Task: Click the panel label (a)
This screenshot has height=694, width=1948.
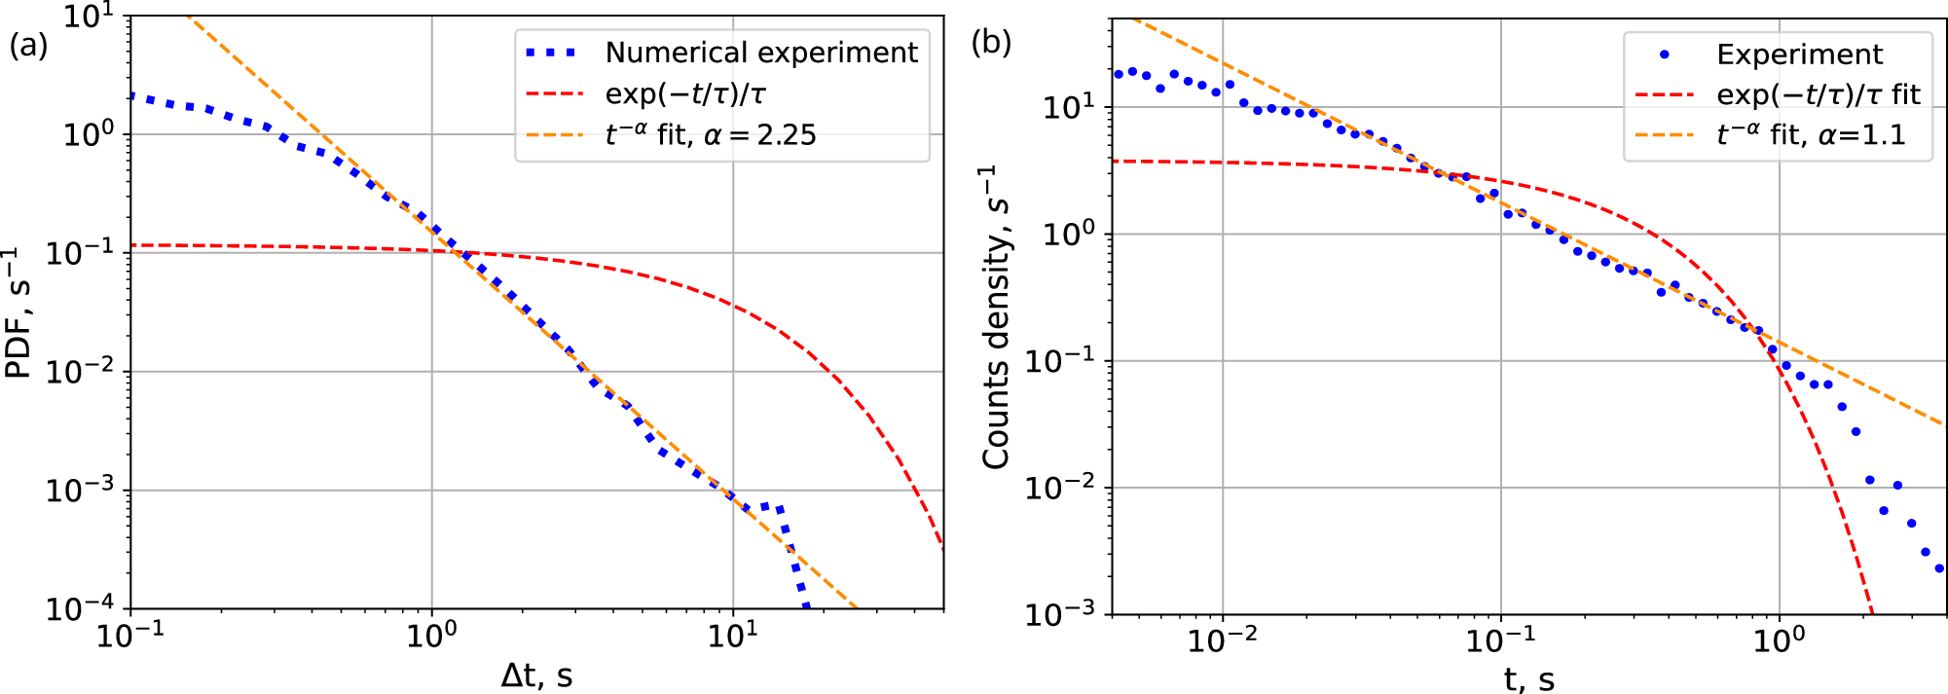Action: (x=28, y=45)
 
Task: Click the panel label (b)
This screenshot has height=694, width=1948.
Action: (x=991, y=43)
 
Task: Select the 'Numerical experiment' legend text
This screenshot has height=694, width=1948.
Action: (x=760, y=53)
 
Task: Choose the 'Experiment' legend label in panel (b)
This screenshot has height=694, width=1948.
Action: (x=1799, y=55)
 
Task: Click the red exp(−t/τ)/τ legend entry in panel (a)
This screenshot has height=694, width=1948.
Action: (x=685, y=93)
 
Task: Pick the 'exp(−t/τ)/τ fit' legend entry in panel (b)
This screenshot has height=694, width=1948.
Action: (x=1818, y=94)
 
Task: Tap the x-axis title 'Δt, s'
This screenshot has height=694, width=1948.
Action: (x=536, y=675)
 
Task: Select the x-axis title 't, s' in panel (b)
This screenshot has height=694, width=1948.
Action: (x=1528, y=678)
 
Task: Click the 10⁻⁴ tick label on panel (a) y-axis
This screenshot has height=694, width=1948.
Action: (x=80, y=607)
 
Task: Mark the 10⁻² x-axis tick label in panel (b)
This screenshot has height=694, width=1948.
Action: (x=1222, y=639)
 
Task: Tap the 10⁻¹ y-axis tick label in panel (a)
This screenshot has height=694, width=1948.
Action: (x=80, y=252)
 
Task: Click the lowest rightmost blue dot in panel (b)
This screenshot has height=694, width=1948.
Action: (x=1938, y=568)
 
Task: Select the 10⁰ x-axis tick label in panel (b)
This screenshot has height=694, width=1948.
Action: (x=1780, y=639)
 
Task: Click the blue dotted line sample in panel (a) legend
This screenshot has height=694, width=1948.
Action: (x=552, y=53)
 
